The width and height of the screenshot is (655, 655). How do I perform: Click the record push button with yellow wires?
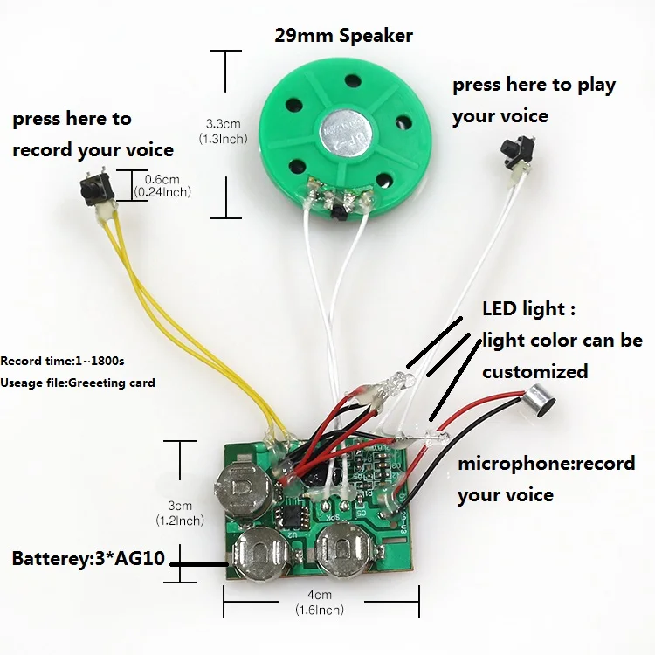click(90, 185)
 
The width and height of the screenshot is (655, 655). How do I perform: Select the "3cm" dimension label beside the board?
click(180, 506)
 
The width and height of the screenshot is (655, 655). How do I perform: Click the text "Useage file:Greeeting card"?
click(78, 383)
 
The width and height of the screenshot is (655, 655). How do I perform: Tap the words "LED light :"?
click(528, 309)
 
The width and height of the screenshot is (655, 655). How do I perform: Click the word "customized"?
click(534, 371)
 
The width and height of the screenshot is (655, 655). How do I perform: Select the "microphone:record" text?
click(546, 464)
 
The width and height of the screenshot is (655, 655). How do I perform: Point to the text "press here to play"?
click(534, 86)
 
